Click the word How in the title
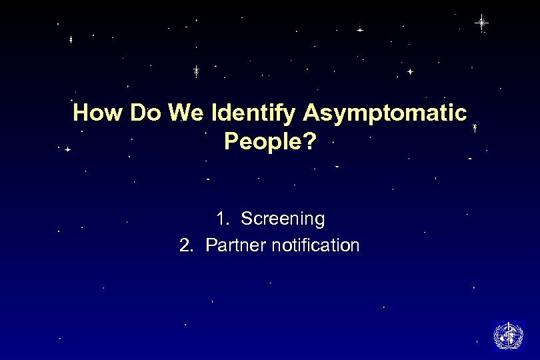(x=99, y=113)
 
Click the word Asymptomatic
(x=385, y=114)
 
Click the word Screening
(x=283, y=219)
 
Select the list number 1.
(x=221, y=219)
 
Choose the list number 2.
(x=185, y=245)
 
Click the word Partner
(x=235, y=245)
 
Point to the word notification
(x=315, y=245)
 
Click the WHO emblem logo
(x=508, y=335)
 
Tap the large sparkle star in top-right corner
(x=481, y=23)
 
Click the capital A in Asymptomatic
(x=313, y=113)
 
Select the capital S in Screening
(x=246, y=219)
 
